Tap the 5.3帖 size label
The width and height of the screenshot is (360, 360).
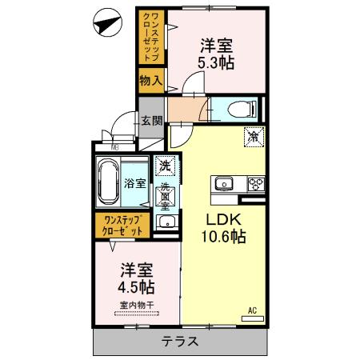click(216, 62)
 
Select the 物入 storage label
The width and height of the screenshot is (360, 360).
click(150, 80)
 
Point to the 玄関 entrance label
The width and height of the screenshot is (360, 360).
click(152, 121)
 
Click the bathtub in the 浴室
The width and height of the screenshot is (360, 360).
click(107, 182)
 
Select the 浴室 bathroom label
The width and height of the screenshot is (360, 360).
click(135, 183)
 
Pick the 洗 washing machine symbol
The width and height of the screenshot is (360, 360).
click(164, 166)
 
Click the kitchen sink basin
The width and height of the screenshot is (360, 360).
click(225, 184)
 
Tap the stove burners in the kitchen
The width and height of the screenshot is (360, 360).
click(256, 184)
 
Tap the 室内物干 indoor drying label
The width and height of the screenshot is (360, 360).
click(137, 305)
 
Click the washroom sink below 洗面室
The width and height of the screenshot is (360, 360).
click(165, 222)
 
